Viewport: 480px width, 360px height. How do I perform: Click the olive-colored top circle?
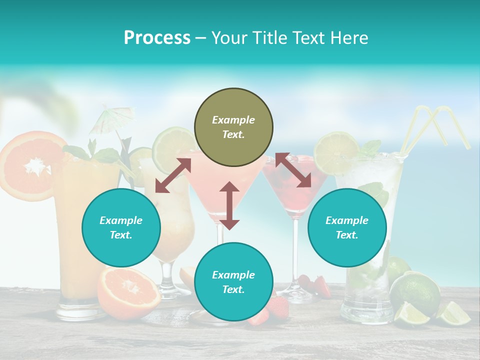(233, 127)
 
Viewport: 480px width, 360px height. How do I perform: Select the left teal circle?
(121, 227)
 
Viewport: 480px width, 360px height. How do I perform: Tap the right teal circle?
(347, 227)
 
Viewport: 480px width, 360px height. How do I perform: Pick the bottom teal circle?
(233, 282)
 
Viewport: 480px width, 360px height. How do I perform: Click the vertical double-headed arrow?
(229, 205)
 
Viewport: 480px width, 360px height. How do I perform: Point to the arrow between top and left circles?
(173, 175)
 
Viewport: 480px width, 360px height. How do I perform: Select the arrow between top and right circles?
(293, 170)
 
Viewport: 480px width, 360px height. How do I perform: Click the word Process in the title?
(157, 38)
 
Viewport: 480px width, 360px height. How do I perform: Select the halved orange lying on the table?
(129, 292)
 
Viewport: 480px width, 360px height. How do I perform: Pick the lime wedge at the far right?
(454, 313)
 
